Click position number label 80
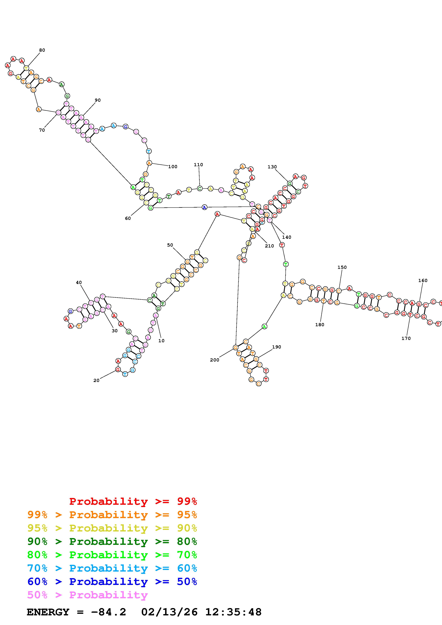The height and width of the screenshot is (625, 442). (x=42, y=50)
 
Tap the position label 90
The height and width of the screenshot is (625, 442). (x=98, y=100)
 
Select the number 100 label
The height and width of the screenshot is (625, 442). (x=173, y=167)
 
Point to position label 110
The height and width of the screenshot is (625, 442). (x=198, y=165)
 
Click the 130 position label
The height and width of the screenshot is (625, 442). (x=272, y=167)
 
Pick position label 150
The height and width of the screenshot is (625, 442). (x=342, y=267)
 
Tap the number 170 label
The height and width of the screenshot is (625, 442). (x=406, y=338)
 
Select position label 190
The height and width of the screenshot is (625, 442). (x=276, y=347)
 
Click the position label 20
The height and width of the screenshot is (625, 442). (x=96, y=381)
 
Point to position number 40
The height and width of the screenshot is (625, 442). (x=79, y=283)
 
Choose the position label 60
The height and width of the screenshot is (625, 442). (x=128, y=218)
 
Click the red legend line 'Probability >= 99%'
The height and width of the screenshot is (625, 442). (x=133, y=501)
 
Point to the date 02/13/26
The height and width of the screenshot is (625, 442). (x=169, y=612)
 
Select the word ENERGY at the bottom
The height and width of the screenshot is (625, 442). (x=48, y=612)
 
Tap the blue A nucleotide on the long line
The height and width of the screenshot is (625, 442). (x=204, y=207)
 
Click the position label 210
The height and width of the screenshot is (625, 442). (x=269, y=246)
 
